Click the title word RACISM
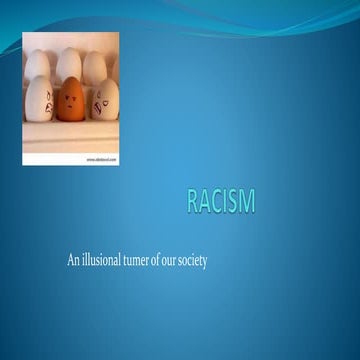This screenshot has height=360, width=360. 220,201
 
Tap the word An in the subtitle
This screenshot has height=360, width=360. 73,260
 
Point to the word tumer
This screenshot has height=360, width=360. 145,260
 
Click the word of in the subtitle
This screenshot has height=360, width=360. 170,260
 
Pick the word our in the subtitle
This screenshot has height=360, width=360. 186,260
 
